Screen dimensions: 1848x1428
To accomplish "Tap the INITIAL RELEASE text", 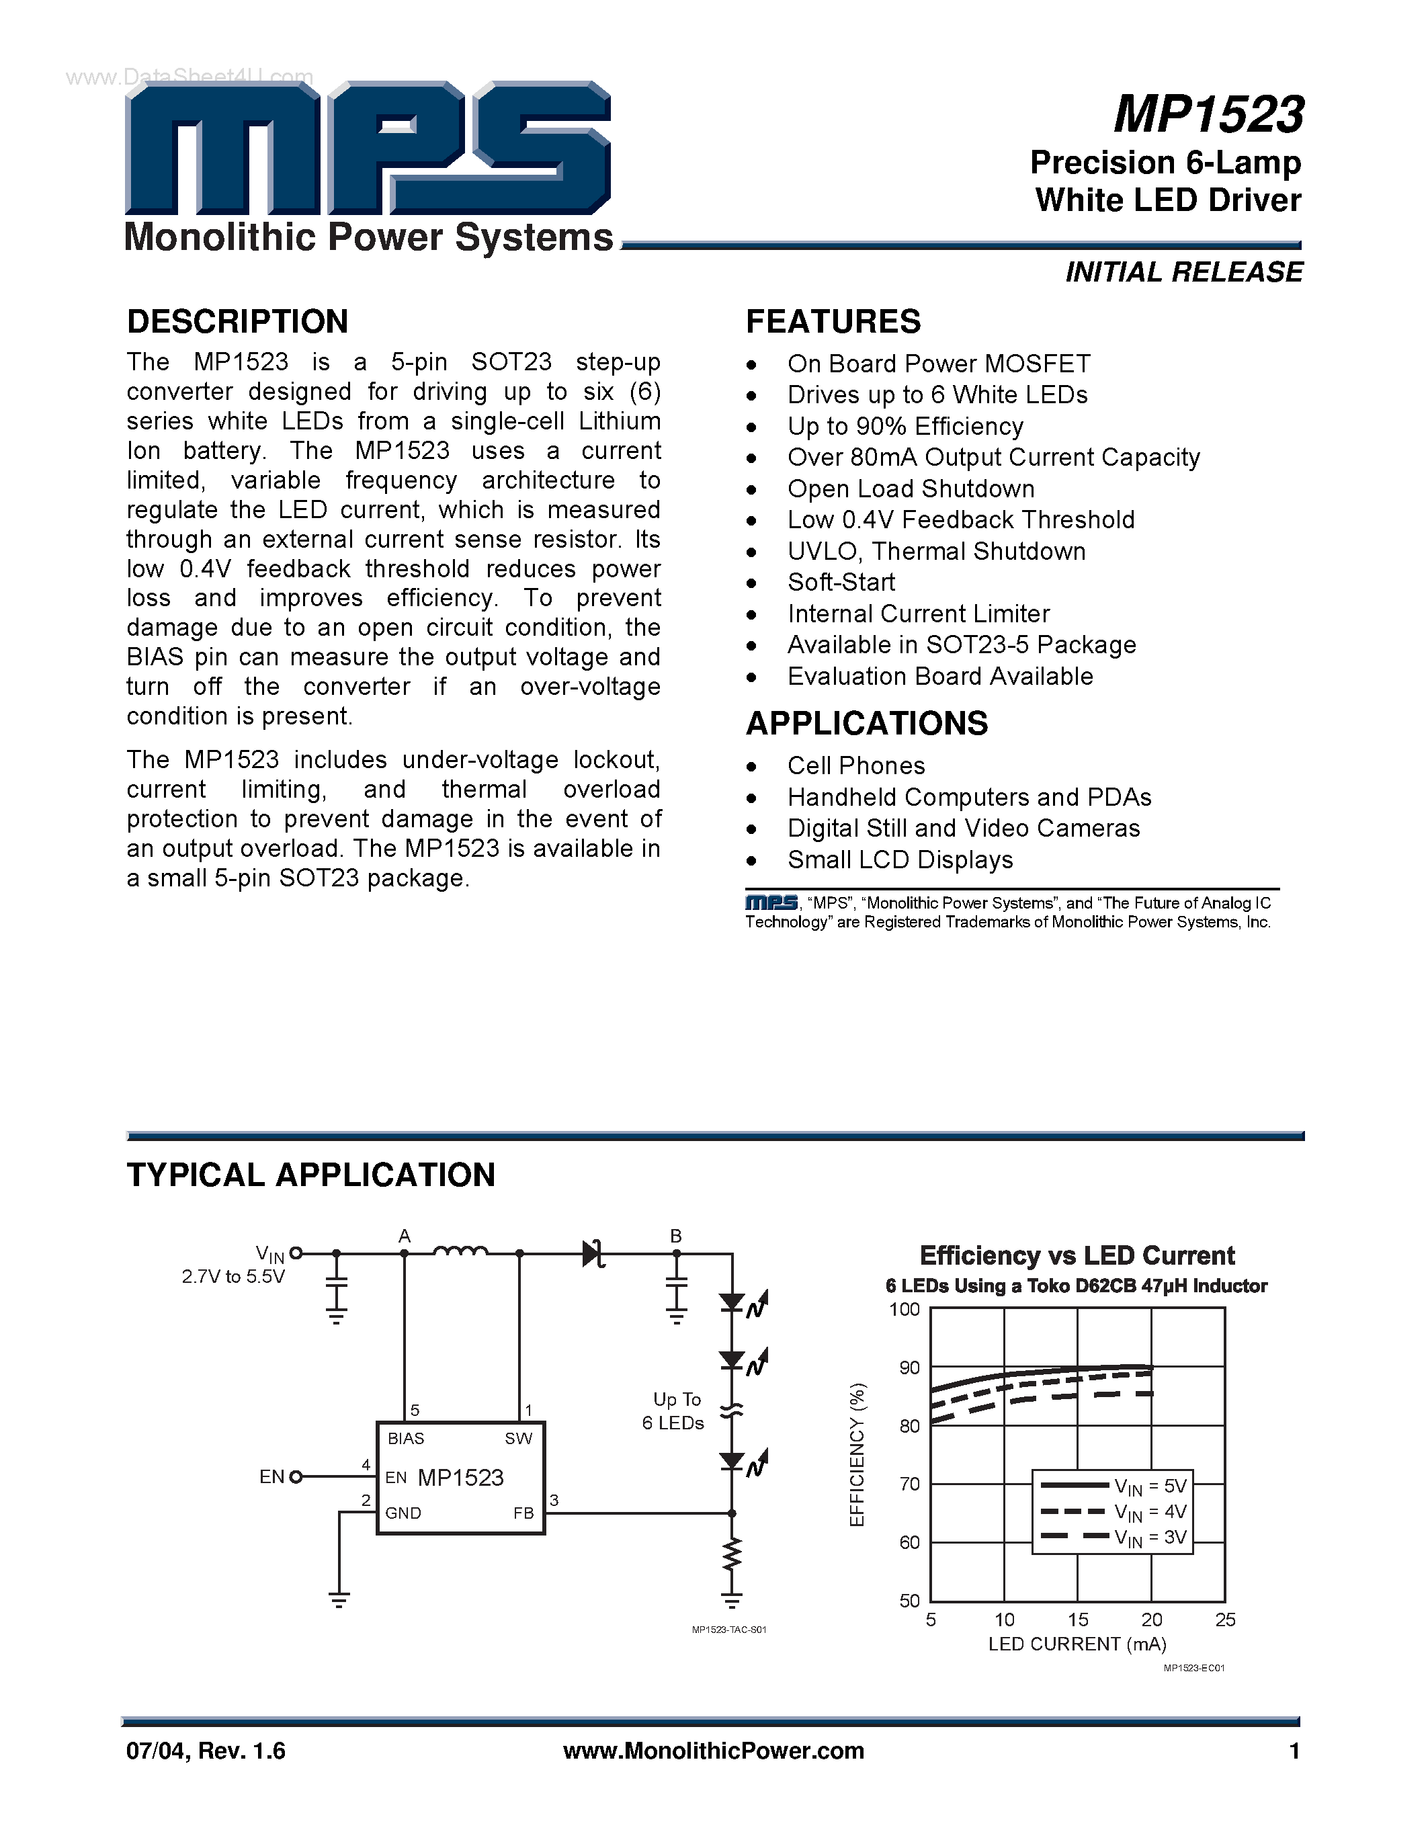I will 1183,272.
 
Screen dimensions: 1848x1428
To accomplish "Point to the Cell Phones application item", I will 856,766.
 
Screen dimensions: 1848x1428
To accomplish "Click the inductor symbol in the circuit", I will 460,1251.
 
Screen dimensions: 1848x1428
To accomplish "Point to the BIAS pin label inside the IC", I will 406,1439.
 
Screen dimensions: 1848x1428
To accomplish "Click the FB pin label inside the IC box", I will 523,1513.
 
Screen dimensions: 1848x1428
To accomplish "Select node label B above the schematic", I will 676,1236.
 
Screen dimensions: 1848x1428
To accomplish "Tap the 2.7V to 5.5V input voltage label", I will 233,1277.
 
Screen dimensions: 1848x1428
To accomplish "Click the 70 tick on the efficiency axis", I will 909,1484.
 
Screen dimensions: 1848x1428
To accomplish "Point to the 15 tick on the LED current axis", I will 1078,1620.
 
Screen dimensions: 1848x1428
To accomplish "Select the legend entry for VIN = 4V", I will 1114,1512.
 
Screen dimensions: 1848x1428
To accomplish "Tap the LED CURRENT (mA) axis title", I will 1077,1644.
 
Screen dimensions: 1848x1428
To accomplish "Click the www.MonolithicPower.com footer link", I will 713,1751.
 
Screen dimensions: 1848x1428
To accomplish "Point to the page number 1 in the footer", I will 1294,1751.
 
